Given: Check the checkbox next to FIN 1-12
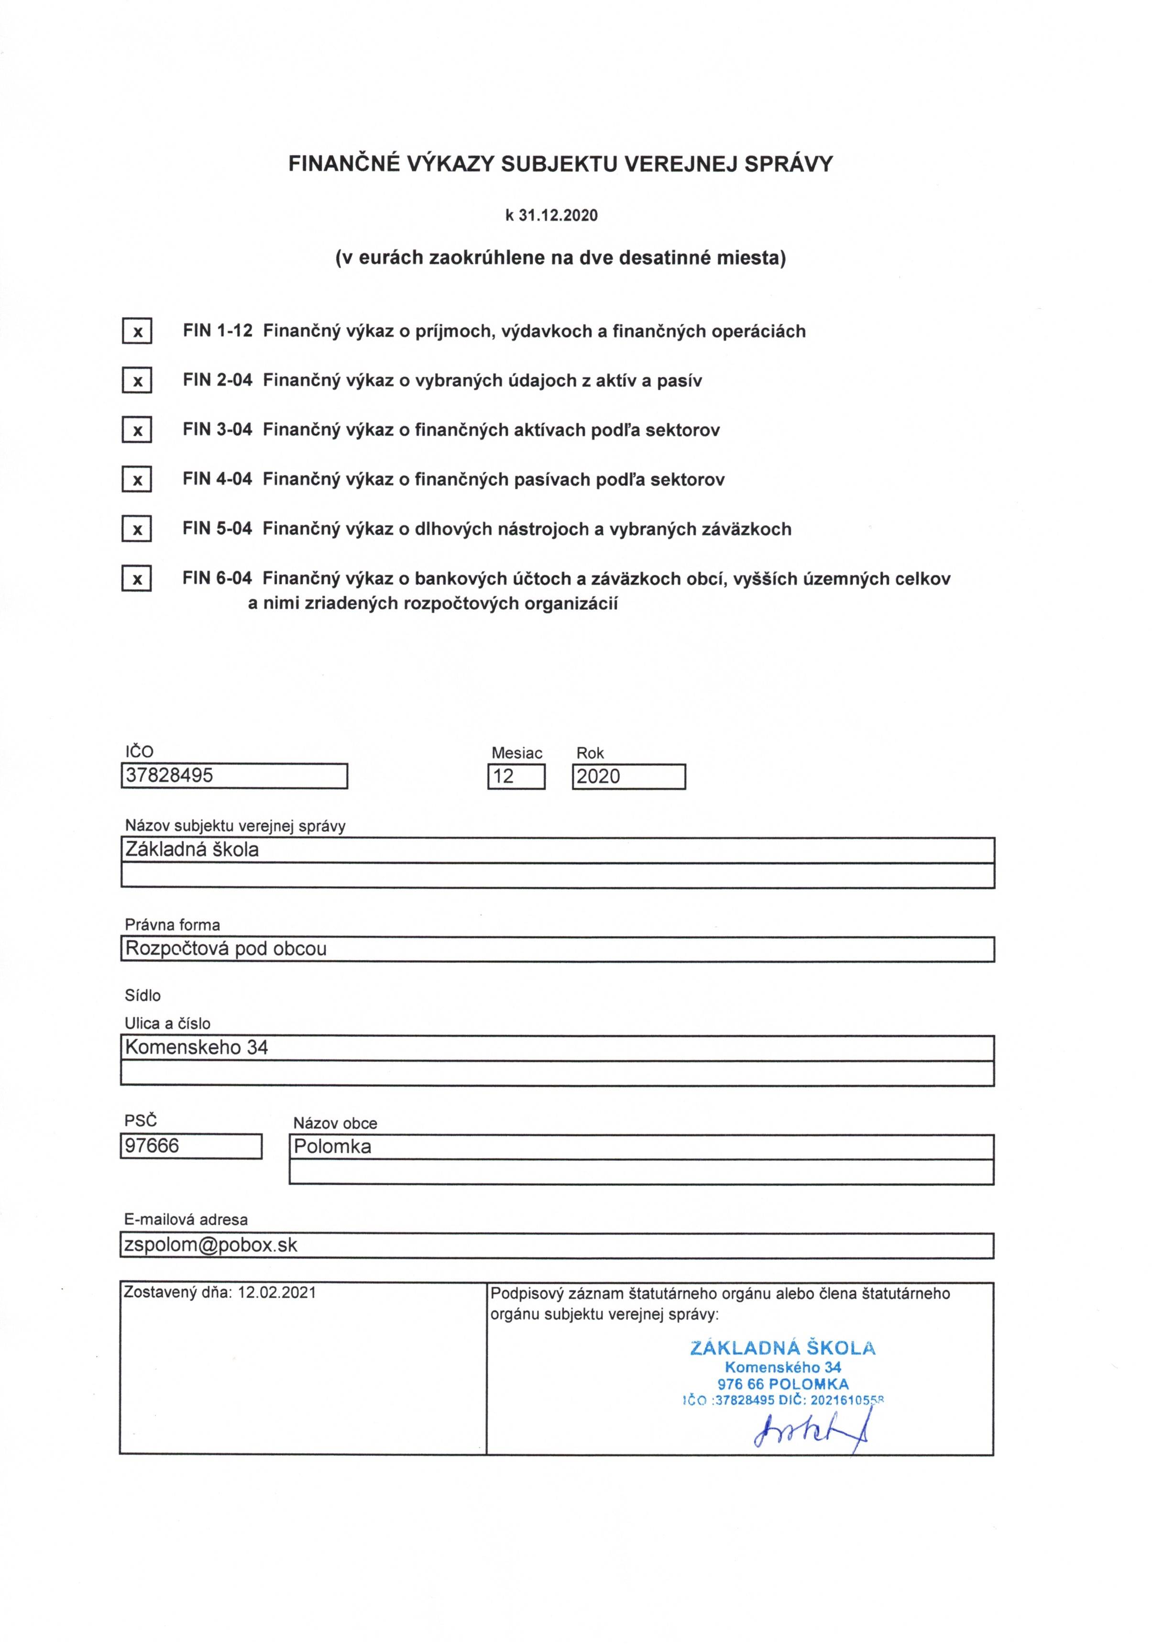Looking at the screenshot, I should (x=137, y=331).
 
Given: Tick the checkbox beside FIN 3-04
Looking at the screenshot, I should (x=137, y=430).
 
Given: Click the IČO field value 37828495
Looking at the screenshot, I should (x=170, y=775).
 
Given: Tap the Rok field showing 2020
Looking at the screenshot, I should (x=599, y=777).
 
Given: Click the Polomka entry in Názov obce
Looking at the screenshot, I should (x=333, y=1147).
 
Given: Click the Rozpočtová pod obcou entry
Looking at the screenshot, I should (x=226, y=949).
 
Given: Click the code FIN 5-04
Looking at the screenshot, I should (x=218, y=529).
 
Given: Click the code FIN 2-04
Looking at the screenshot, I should (x=218, y=380).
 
